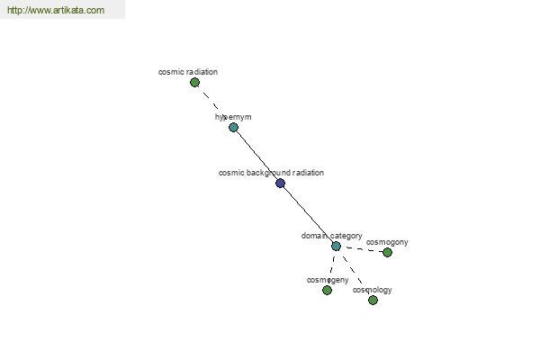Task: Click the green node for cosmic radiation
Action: (x=195, y=82)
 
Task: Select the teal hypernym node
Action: (x=233, y=128)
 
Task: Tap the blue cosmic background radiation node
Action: (x=280, y=184)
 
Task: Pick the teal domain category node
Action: (x=336, y=246)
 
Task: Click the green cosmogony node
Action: (x=387, y=253)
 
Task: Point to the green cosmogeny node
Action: (x=328, y=291)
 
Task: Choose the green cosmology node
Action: (x=373, y=300)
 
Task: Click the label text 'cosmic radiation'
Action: (x=188, y=72)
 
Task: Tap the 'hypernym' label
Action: (x=233, y=117)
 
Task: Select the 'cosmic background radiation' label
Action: (x=272, y=173)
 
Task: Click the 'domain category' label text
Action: (x=331, y=236)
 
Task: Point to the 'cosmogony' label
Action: (x=387, y=242)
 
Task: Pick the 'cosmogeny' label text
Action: (x=328, y=280)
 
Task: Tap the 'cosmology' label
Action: (x=373, y=290)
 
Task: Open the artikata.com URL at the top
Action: (x=56, y=10)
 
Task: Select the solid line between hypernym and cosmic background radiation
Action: (x=256, y=156)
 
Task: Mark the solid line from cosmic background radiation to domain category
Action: (x=308, y=214)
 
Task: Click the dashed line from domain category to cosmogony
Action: (x=362, y=249)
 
